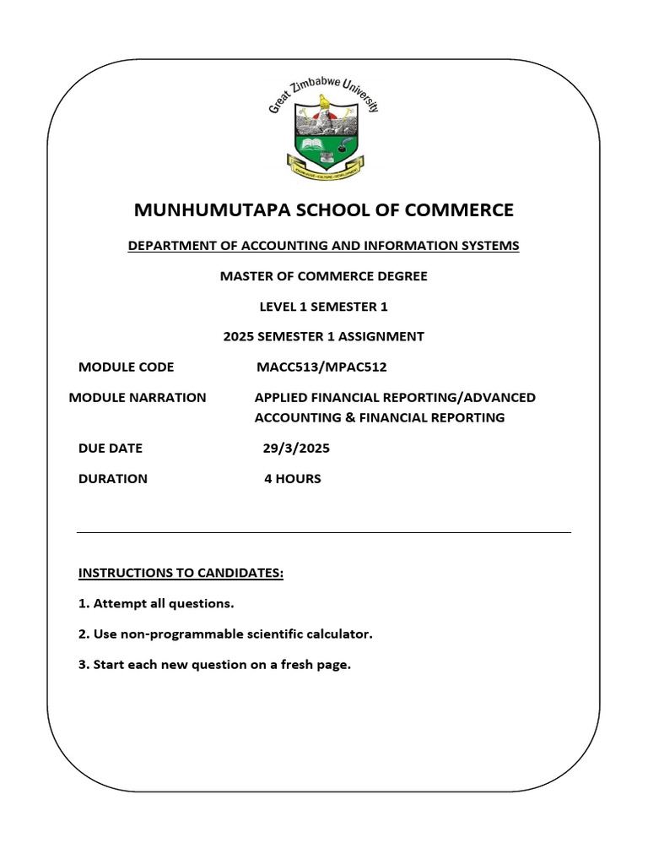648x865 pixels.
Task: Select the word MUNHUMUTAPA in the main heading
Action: coord(205,209)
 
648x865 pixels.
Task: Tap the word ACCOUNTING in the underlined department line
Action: coord(281,246)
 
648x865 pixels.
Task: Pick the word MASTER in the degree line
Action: coord(245,276)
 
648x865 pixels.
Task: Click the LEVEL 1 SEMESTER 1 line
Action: coord(323,306)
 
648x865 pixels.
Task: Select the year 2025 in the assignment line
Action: coord(239,336)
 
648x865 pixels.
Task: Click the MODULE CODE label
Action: coord(126,367)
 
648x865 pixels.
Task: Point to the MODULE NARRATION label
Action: coord(138,397)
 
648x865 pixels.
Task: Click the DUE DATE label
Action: coord(111,448)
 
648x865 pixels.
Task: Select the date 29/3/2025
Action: coord(296,448)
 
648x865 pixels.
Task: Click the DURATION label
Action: coord(113,478)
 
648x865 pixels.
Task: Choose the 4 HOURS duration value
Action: coord(292,478)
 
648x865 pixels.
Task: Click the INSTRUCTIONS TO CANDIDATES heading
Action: coord(181,574)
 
